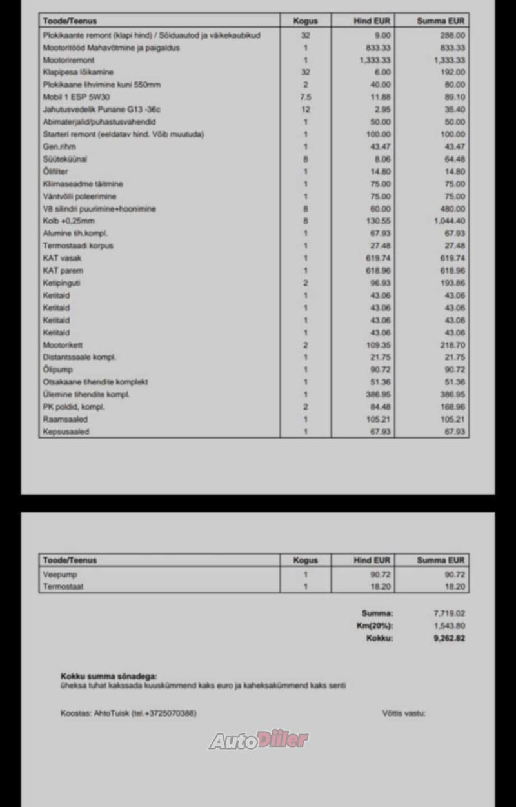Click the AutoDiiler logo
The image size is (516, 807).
(258, 740)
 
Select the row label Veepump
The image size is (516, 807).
(56, 574)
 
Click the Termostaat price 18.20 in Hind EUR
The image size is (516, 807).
(380, 587)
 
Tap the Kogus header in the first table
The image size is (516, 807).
(305, 21)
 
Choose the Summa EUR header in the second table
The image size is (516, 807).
(441, 561)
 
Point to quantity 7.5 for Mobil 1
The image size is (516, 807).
(305, 97)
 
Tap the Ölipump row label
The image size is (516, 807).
(57, 370)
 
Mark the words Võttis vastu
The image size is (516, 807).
(404, 713)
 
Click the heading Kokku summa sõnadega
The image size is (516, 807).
(108, 676)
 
